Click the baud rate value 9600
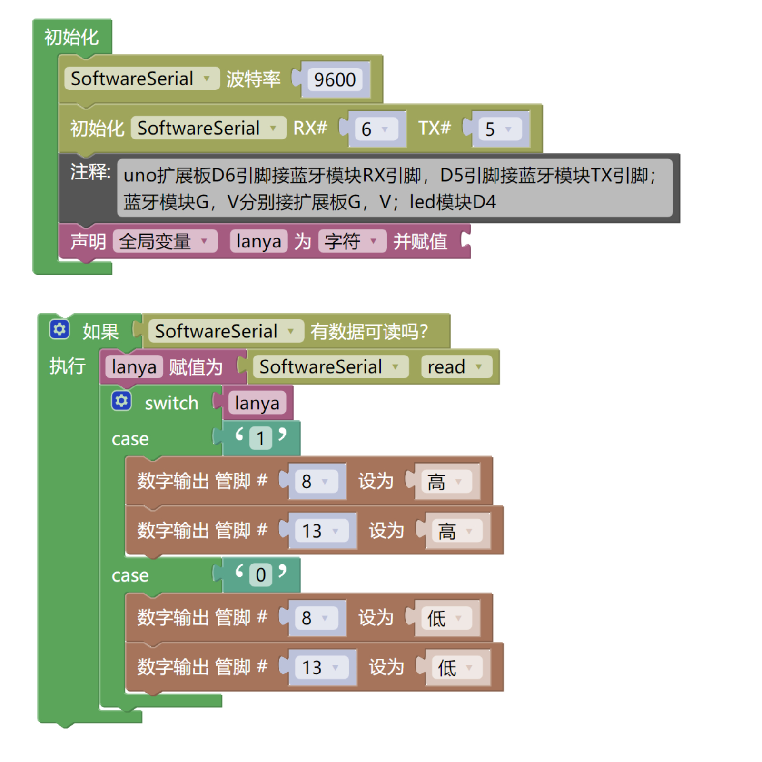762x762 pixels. (335, 79)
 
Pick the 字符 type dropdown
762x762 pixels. (352, 241)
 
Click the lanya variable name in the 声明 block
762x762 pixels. (258, 241)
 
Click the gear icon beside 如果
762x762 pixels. (59, 329)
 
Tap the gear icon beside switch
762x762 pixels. (121, 401)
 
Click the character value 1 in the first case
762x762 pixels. (260, 438)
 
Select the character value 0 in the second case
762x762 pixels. (260, 575)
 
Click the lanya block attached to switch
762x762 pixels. (257, 403)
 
